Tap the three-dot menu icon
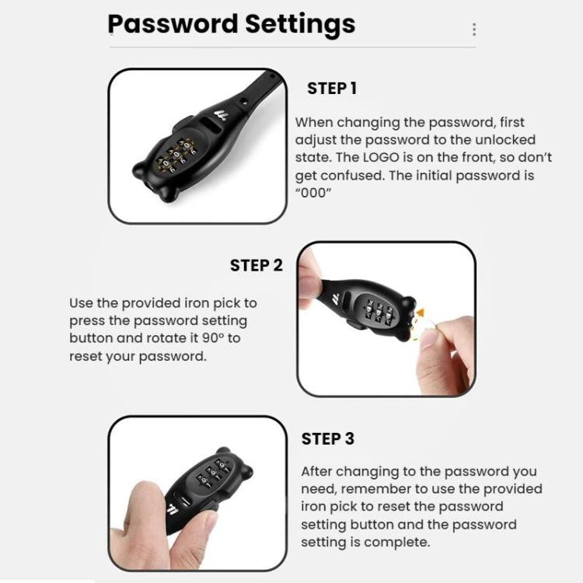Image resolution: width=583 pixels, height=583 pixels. tap(474, 30)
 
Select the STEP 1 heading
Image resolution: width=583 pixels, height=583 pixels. tap(332, 89)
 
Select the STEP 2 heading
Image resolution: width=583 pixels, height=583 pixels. tap(257, 265)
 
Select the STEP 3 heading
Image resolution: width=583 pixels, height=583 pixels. tap(327, 438)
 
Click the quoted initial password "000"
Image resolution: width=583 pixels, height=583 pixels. tap(311, 192)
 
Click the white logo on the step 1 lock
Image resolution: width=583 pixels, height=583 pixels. tap(231, 114)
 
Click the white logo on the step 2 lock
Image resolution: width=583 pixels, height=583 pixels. tap(336, 298)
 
